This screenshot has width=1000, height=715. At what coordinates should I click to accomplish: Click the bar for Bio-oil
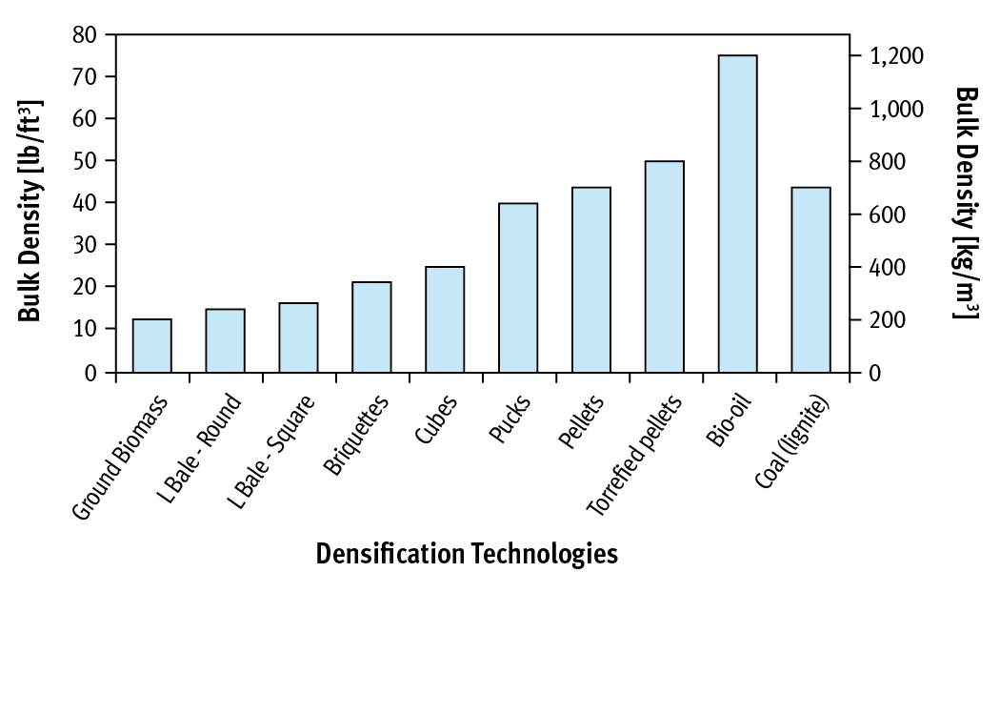pyautogui.click(x=737, y=214)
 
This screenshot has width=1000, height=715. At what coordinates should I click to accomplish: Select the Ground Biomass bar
pyautogui.click(x=151, y=345)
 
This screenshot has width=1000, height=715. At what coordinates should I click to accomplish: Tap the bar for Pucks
pyautogui.click(x=518, y=287)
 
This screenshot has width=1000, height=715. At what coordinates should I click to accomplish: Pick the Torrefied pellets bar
pyautogui.click(x=664, y=266)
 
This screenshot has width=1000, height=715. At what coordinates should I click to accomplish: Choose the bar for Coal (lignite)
pyautogui.click(x=810, y=279)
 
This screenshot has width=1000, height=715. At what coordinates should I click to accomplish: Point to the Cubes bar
pyautogui.click(x=445, y=318)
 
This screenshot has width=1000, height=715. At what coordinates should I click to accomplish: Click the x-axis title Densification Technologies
pyautogui.click(x=467, y=554)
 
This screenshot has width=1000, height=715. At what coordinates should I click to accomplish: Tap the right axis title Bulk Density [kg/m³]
pyautogui.click(x=966, y=202)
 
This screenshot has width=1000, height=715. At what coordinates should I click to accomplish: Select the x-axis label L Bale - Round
pyautogui.click(x=201, y=444)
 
